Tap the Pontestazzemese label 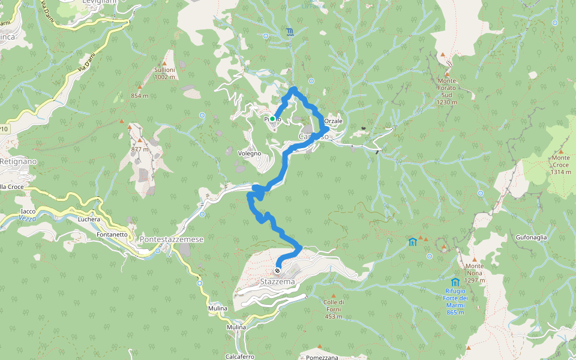pyautogui.click(x=172, y=239)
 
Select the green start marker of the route pyautogui.click(x=272, y=119)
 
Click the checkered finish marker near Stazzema pyautogui.click(x=277, y=270)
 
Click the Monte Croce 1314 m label pyautogui.click(x=561, y=165)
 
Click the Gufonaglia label pyautogui.click(x=531, y=237)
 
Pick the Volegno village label pyautogui.click(x=250, y=154)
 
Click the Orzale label pyautogui.click(x=334, y=121)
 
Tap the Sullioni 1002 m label pyautogui.click(x=164, y=73)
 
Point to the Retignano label pyautogui.click(x=18, y=162)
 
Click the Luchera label pyautogui.click(x=89, y=219)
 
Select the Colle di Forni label pyautogui.click(x=333, y=309)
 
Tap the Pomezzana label pyautogui.click(x=322, y=356)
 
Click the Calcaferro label pyautogui.click(x=239, y=356)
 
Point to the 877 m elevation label pyautogui.click(x=139, y=149)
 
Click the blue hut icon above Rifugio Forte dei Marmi pyautogui.click(x=455, y=282)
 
